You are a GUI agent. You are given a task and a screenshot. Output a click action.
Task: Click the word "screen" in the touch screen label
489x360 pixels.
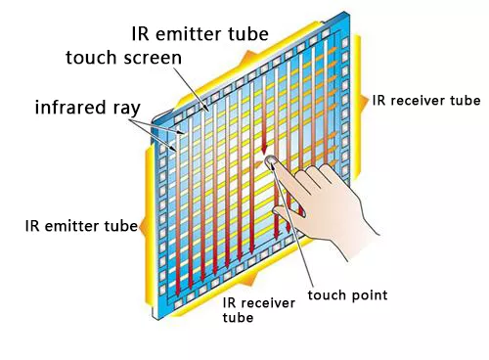[x=153, y=58]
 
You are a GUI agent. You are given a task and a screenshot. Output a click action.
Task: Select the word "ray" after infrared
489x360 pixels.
[x=125, y=109]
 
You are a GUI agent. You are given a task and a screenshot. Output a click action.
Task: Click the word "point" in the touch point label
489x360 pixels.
[x=369, y=295]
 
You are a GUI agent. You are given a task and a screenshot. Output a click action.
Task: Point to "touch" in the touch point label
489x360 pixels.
[x=327, y=295]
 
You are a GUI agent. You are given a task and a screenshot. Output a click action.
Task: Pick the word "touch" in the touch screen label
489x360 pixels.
[x=92, y=58]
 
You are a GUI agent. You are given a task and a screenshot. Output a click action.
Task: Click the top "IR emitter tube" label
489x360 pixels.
[x=200, y=33]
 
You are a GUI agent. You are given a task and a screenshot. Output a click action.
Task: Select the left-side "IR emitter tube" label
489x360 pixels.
[x=81, y=226]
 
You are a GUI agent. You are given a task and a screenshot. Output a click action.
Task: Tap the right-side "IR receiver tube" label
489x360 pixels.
[x=426, y=101]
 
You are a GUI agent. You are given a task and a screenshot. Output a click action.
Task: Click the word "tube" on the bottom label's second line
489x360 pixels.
[x=238, y=317]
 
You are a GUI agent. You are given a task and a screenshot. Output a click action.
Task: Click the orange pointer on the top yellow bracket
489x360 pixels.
[x=249, y=57]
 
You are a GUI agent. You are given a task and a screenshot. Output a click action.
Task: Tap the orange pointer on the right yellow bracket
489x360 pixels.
[x=364, y=102]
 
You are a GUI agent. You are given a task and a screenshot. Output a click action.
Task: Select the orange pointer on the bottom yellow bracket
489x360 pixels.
[x=251, y=280]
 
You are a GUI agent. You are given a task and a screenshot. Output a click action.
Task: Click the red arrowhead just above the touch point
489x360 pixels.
[x=264, y=149]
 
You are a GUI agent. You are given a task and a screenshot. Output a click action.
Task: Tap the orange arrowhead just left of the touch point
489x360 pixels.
[x=257, y=165]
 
